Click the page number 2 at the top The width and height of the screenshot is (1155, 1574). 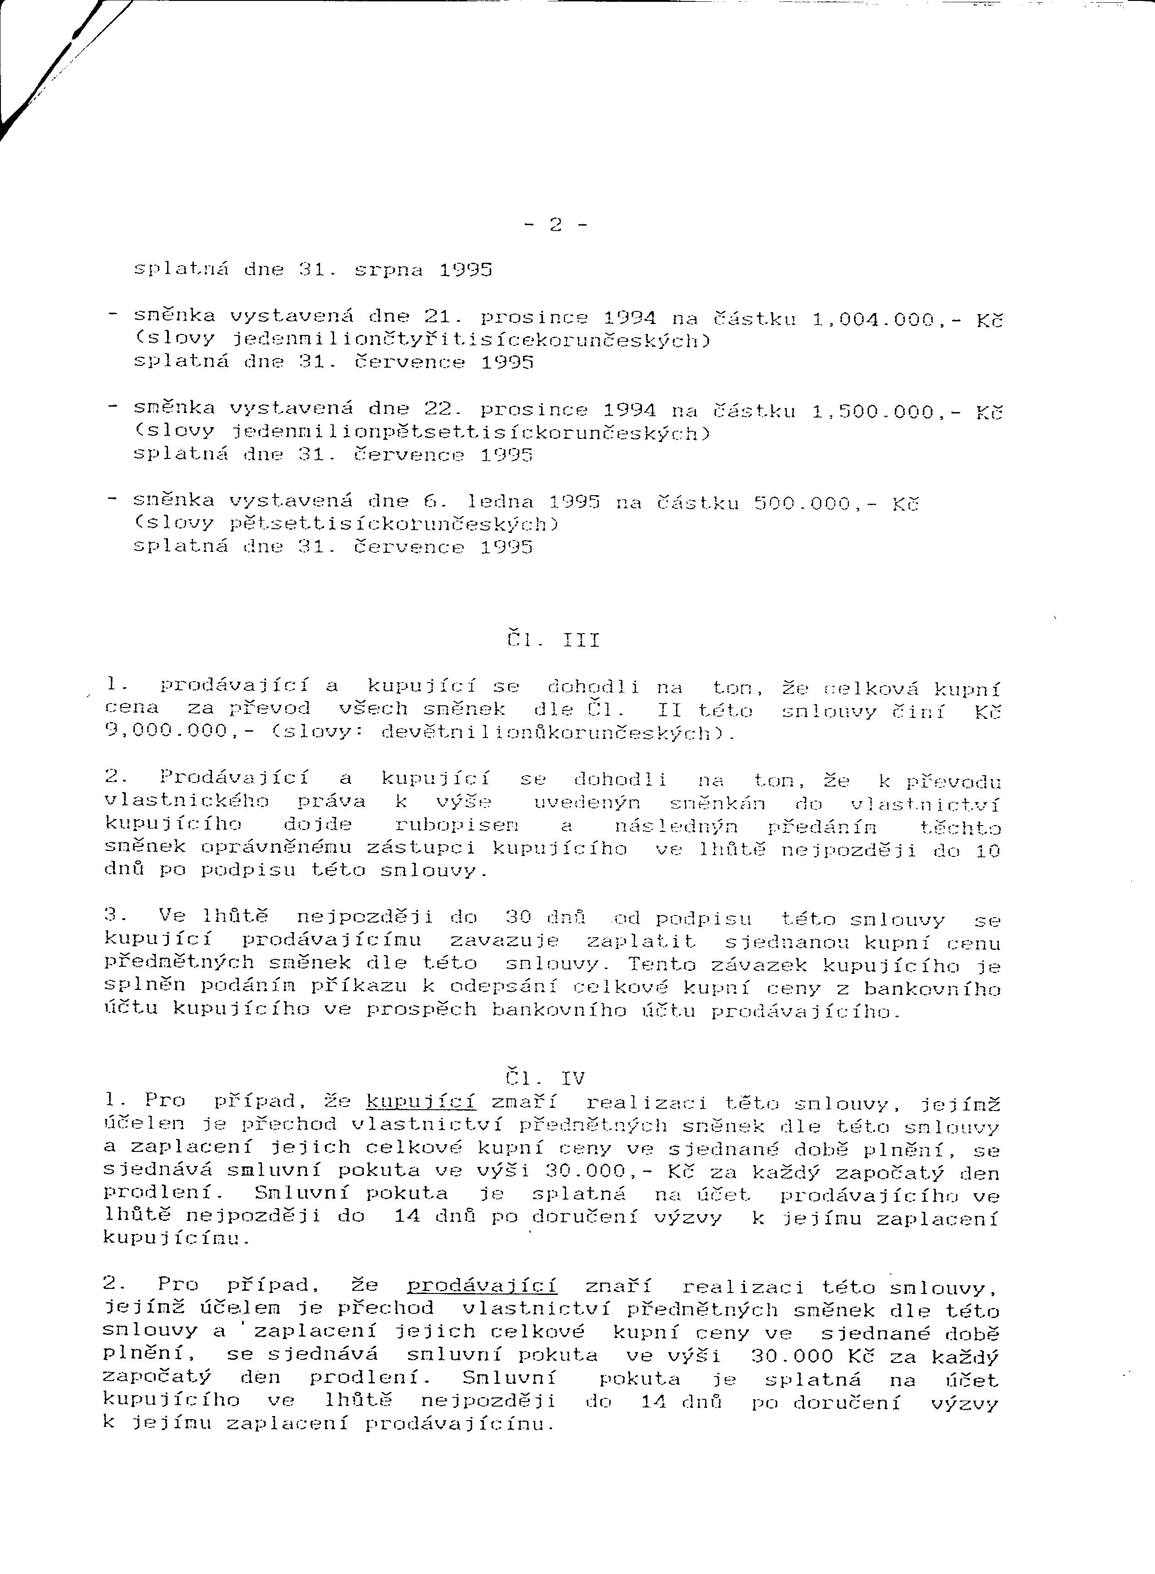[557, 226]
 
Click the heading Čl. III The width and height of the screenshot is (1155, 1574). [553, 640]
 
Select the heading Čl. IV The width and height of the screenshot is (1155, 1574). [545, 1078]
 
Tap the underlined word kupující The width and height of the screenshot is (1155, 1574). [421, 1103]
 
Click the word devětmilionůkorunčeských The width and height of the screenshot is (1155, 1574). [549, 733]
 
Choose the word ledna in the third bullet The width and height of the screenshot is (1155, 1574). [499, 502]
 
